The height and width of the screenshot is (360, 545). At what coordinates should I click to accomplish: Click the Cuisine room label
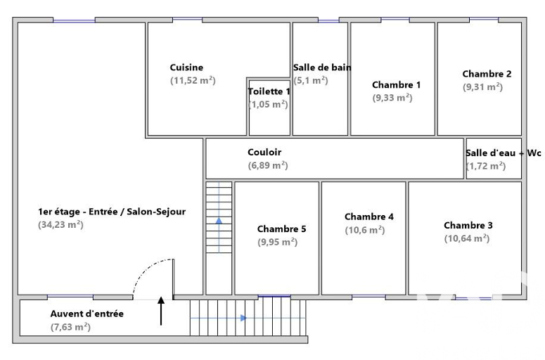click(186, 67)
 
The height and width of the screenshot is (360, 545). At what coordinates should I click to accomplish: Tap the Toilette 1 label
click(269, 91)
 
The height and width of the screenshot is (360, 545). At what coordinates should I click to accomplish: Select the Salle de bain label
click(322, 67)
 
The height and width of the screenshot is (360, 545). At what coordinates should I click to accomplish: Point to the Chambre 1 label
click(396, 85)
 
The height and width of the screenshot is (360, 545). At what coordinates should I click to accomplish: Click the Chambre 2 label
click(487, 74)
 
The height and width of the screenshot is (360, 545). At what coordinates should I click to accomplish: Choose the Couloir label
click(264, 152)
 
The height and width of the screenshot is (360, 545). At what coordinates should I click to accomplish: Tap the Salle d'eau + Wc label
click(504, 153)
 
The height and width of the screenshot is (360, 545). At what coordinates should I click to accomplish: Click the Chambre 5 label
click(281, 229)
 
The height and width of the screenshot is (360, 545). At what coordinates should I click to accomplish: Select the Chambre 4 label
click(369, 217)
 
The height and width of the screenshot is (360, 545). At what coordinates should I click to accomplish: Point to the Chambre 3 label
click(468, 226)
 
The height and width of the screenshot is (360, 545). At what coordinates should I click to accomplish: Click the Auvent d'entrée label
click(87, 314)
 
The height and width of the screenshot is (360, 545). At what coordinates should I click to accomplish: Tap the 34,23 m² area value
click(60, 224)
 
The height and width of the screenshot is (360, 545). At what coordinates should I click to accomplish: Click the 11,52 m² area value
click(193, 80)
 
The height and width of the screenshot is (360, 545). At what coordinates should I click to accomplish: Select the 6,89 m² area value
click(268, 165)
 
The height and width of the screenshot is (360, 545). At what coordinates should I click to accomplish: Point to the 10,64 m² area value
click(467, 238)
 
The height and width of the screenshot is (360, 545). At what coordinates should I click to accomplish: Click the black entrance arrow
click(161, 311)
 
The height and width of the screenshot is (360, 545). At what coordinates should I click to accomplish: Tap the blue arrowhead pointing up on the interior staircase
click(219, 221)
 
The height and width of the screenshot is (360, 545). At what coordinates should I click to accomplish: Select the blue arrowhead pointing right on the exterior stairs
click(243, 318)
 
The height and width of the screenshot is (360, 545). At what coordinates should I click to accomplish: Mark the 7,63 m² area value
click(70, 327)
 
